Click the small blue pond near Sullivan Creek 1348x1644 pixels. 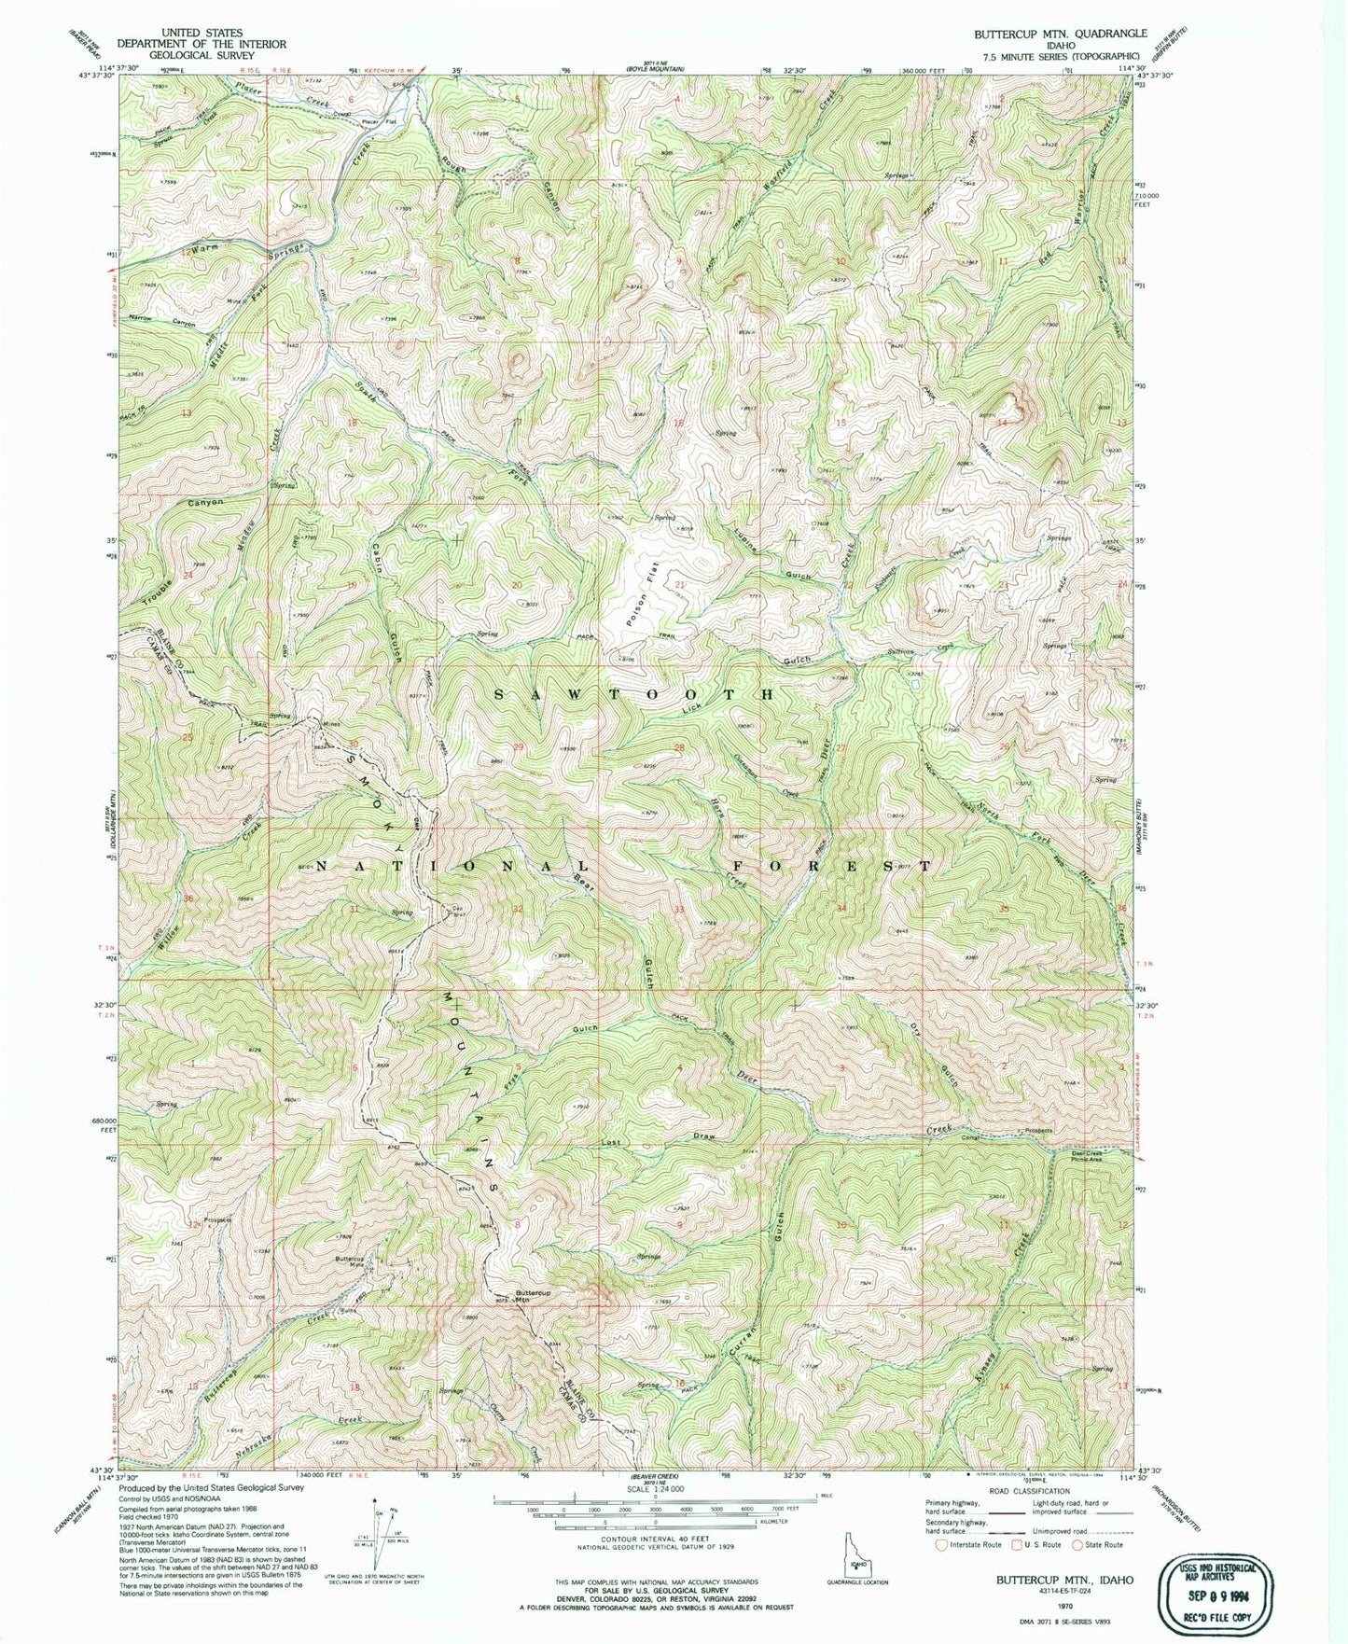pos(917,685)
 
